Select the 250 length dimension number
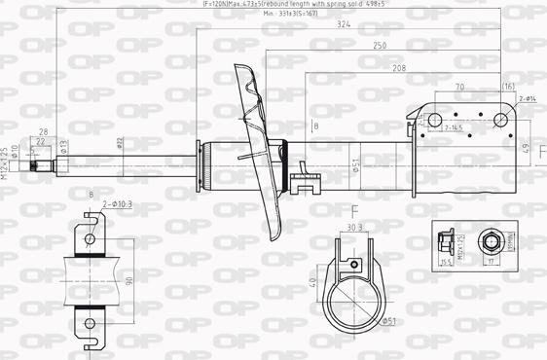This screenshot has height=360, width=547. pyautogui.click(x=378, y=46)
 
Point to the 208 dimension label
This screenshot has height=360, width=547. pyautogui.click(x=399, y=68)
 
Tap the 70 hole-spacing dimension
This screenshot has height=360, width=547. pyautogui.click(x=459, y=88)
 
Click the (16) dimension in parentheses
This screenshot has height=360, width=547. pyautogui.click(x=507, y=88)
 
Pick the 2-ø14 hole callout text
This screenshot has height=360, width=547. pyautogui.click(x=527, y=98)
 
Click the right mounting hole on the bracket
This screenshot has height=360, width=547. pyautogui.click(x=502, y=120)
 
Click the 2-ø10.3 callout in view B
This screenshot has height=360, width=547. pyautogui.click(x=117, y=203)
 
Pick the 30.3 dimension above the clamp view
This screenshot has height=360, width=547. pyautogui.click(x=354, y=228)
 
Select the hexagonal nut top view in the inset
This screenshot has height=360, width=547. pyautogui.click(x=491, y=241)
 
